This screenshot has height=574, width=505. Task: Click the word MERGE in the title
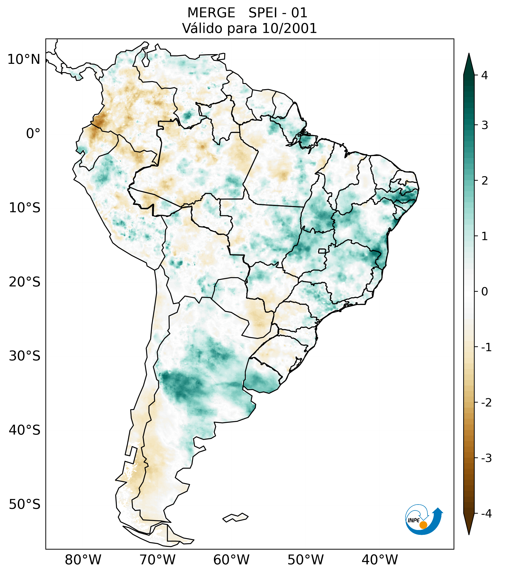point(211,13)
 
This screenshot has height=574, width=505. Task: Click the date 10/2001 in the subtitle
point(289,28)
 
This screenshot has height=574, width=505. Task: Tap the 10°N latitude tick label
point(24,59)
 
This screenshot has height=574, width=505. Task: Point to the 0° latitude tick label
point(33,133)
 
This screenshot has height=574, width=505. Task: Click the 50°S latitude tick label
point(25,504)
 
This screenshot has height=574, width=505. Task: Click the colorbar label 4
point(484,75)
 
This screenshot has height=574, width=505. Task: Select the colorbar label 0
point(484,292)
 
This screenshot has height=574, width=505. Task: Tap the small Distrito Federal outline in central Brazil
point(322,250)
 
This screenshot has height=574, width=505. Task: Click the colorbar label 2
point(484,181)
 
